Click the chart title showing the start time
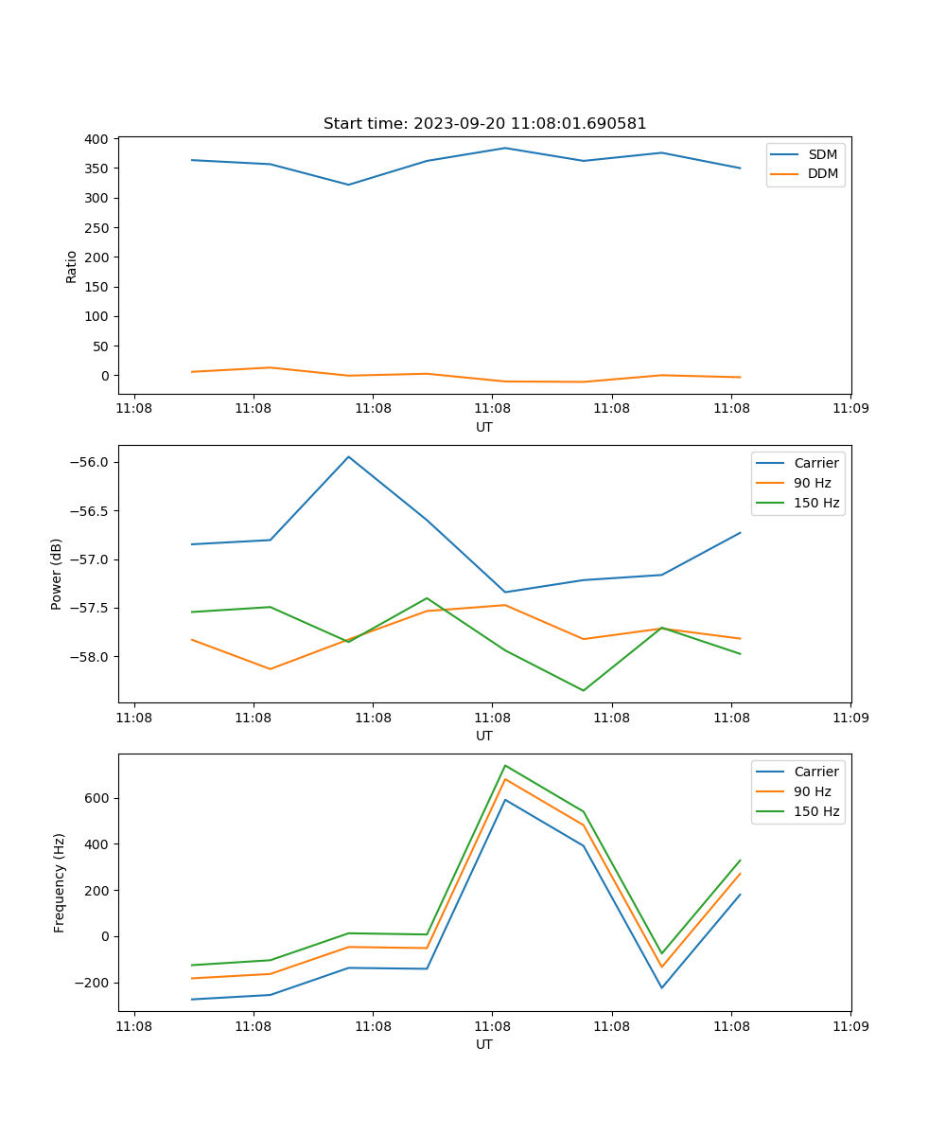[x=484, y=124]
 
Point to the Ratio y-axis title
[x=72, y=266]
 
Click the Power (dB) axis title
[x=57, y=574]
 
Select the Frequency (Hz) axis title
[x=60, y=882]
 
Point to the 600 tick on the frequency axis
[x=98, y=798]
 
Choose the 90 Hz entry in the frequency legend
[x=812, y=791]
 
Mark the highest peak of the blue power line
[x=348, y=456]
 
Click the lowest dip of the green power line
[x=583, y=690]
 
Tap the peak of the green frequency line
[x=505, y=765]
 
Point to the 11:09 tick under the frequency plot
[x=850, y=1025]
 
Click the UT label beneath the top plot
[x=484, y=427]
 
